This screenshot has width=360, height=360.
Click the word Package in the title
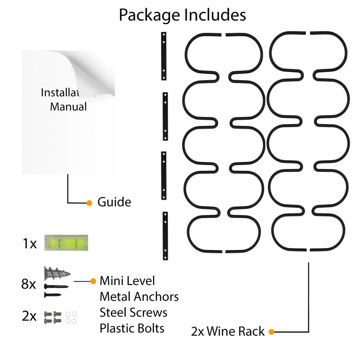click(149, 15)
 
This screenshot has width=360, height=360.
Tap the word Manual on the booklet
click(68, 107)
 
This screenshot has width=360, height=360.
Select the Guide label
click(114, 202)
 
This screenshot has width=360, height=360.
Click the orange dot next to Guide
click(89, 203)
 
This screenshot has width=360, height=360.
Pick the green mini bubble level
click(66, 243)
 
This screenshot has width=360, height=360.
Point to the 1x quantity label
click(30, 243)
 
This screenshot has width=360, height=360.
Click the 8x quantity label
click(28, 284)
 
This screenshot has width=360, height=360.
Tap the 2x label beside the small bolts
click(29, 316)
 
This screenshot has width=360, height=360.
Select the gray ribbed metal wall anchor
click(57, 273)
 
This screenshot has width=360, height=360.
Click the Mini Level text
click(127, 280)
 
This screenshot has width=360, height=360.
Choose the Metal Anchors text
click(139, 297)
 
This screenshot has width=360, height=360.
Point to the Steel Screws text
click(133, 312)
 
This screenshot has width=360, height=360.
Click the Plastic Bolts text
click(132, 328)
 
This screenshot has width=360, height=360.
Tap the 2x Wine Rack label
click(228, 331)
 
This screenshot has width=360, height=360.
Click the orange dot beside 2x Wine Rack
click(272, 332)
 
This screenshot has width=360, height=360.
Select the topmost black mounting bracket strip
click(164, 56)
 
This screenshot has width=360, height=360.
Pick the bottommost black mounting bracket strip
click(165, 236)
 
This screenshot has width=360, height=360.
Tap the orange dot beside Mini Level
click(93, 281)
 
